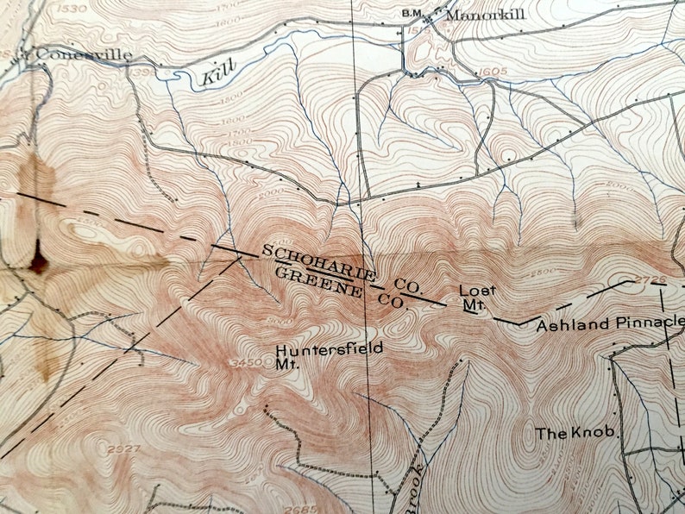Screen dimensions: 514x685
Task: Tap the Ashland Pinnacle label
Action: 610,325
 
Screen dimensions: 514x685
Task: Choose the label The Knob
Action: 578,433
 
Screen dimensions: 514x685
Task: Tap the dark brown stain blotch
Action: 37,258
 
